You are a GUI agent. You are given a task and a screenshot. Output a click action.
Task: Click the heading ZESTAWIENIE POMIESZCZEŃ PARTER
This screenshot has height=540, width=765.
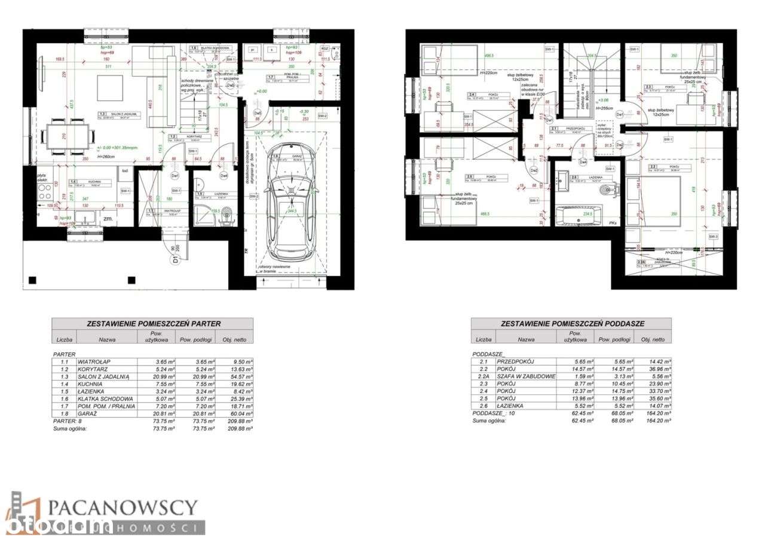point(152,323)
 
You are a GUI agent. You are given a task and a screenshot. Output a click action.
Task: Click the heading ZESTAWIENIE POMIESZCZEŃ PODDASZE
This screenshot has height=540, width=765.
point(572,323)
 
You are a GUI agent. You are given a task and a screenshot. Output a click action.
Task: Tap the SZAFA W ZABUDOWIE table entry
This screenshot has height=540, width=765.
point(526,377)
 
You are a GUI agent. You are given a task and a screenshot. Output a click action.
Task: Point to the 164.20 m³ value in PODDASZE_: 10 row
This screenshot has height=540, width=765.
point(652,413)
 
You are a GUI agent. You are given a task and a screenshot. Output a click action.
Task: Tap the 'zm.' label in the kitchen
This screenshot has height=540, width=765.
point(108,219)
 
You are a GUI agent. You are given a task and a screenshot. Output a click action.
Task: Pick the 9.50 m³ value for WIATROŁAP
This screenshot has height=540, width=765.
point(235,362)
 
